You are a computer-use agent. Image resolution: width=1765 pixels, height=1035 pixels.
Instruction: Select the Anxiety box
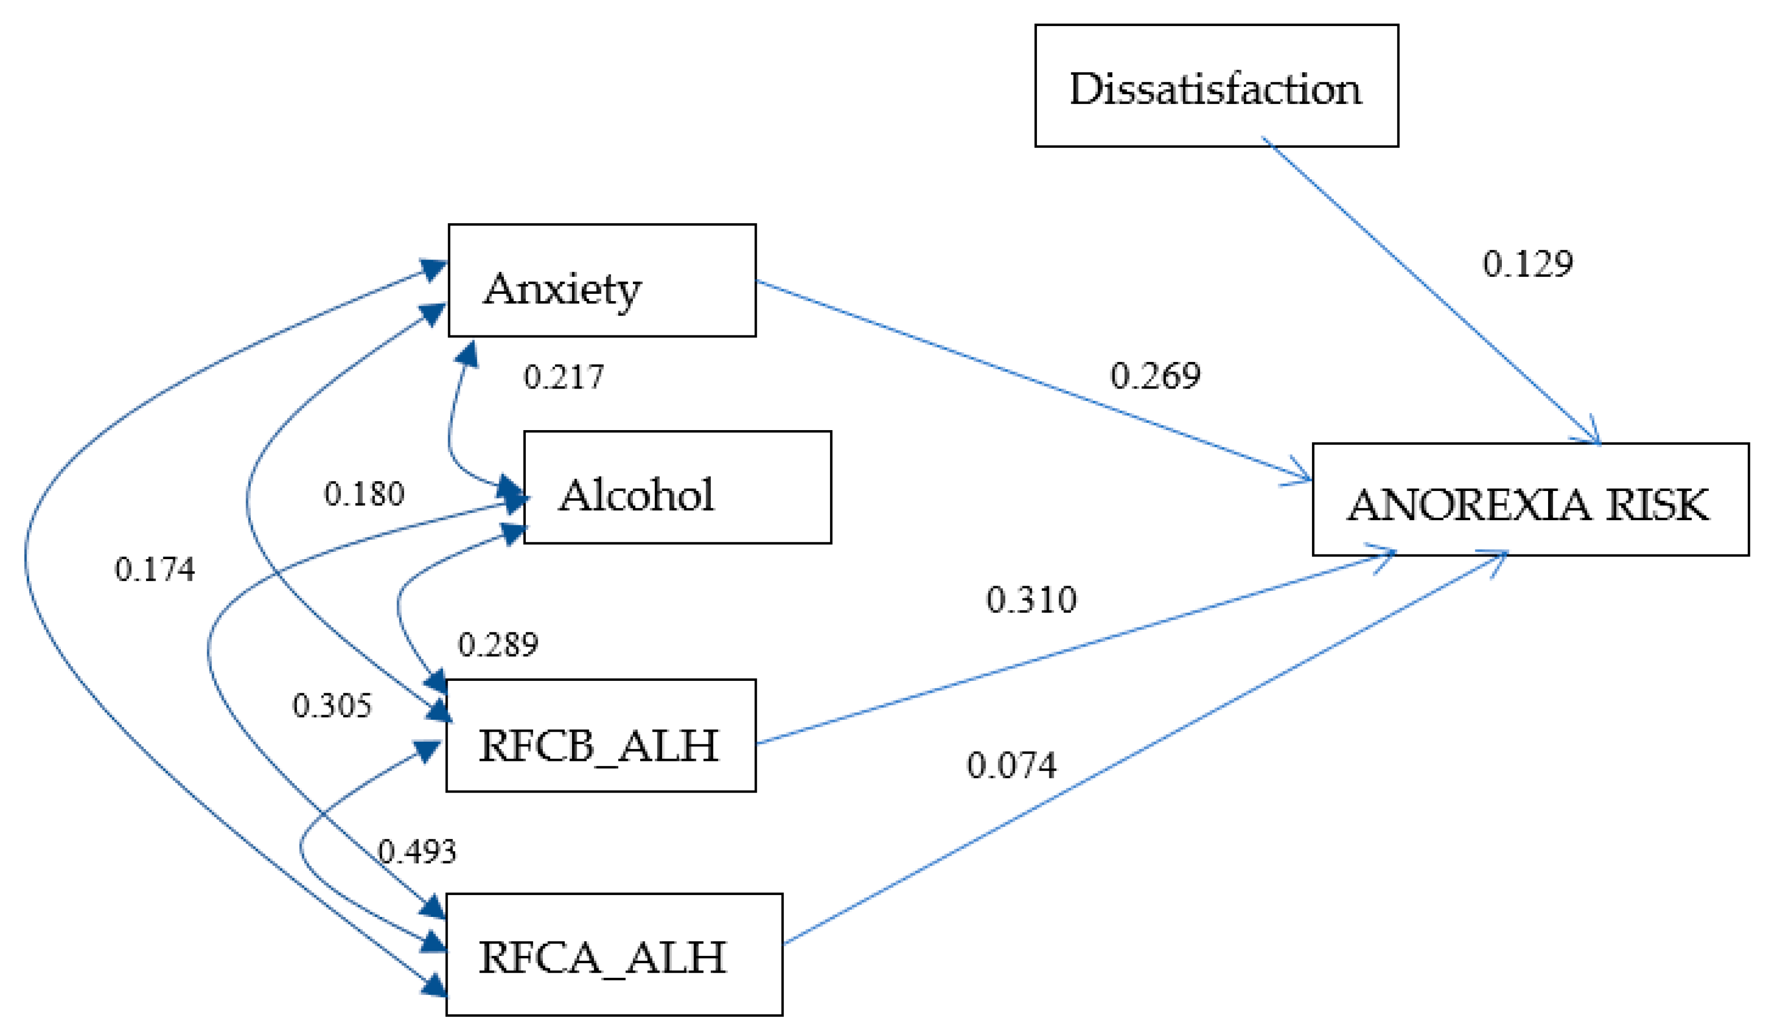pos(602,280)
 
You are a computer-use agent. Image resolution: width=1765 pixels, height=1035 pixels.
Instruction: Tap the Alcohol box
pos(677,487)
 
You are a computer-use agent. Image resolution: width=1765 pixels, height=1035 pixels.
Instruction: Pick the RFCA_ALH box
pos(614,954)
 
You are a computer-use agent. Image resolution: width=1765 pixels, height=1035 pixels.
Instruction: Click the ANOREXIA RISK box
pos(1530,499)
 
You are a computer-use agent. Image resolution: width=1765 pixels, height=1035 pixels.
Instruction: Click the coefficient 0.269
pos(1155,376)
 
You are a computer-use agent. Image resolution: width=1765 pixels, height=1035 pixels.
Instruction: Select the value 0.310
pos(1031,600)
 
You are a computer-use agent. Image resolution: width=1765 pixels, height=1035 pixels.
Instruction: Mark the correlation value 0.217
pos(563,378)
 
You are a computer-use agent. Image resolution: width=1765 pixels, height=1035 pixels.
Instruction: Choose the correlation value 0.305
pos(331,705)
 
